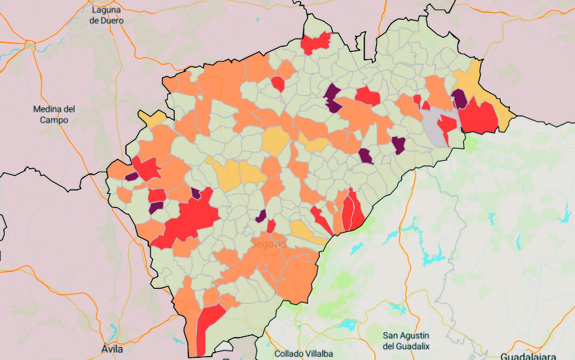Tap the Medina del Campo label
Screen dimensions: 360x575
54,114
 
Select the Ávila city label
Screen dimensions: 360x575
112,349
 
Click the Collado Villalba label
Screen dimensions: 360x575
303,353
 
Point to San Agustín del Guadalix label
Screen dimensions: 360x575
406,341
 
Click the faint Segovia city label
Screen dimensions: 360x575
268,244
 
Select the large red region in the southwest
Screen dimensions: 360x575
190,219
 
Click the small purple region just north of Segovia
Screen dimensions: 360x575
261,216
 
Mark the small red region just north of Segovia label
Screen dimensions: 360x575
271,226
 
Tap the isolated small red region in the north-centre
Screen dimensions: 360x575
278,83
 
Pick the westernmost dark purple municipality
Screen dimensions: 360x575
131,177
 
